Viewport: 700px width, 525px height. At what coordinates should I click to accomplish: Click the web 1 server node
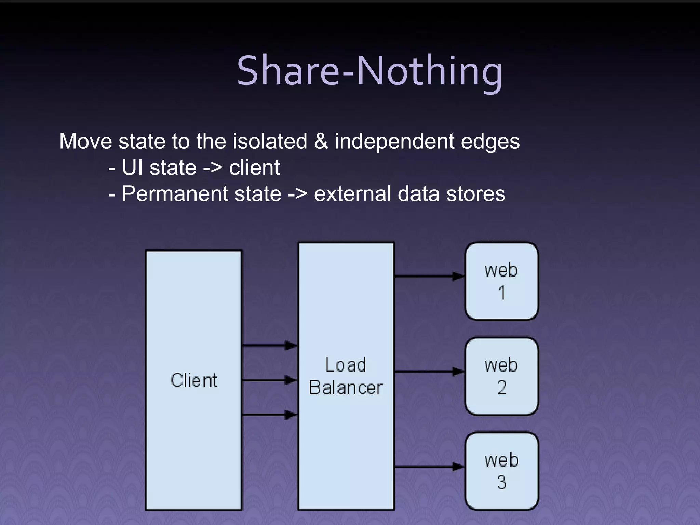click(x=501, y=281)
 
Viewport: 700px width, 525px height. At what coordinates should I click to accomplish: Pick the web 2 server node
click(x=501, y=376)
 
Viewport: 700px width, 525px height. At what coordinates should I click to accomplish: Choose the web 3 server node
click(x=501, y=471)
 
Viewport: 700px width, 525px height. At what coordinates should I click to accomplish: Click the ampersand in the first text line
click(x=321, y=141)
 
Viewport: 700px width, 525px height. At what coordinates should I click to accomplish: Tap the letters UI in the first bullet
click(x=132, y=167)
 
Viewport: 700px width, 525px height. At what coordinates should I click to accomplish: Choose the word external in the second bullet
click(x=352, y=194)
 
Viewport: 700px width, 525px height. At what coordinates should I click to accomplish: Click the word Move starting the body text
click(x=85, y=141)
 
